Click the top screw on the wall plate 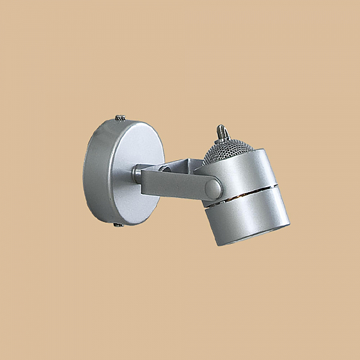(121, 118)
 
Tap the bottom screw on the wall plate (118, 224)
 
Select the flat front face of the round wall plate (136, 171)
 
